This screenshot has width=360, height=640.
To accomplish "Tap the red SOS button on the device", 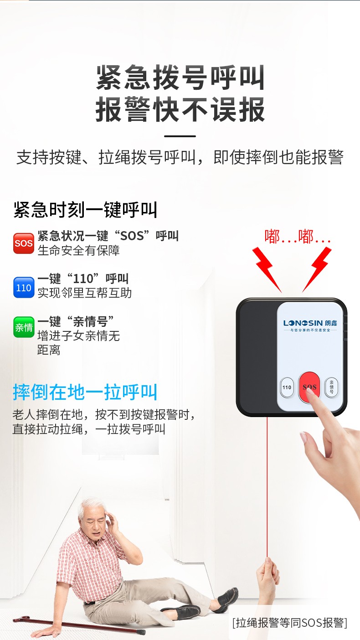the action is [x=309, y=387].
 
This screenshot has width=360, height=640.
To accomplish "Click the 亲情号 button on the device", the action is [x=331, y=387].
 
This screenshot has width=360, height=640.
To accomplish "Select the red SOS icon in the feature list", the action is [x=23, y=243].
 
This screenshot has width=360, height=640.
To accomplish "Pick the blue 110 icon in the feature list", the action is [x=23, y=287].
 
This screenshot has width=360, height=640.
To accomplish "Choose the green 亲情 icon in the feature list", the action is [x=23, y=327].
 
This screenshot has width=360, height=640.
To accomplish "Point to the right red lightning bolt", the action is [x=317, y=269].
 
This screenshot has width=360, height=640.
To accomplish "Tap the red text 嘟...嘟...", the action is [x=297, y=237].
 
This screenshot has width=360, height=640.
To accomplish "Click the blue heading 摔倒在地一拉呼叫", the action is [x=85, y=392].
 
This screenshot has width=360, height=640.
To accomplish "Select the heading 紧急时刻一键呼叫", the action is [x=85, y=210].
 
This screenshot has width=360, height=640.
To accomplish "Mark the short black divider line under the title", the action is [x=180, y=136].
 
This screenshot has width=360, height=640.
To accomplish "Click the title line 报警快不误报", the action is [x=180, y=109].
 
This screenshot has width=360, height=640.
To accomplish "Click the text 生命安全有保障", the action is [x=78, y=251].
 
